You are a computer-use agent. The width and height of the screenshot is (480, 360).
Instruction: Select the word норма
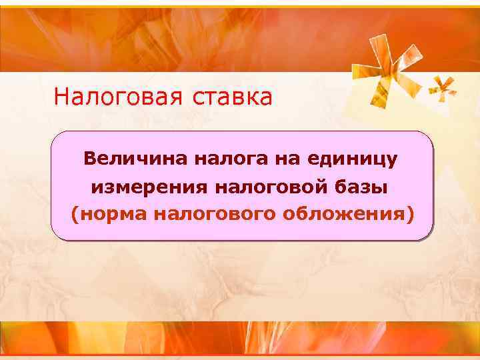pyautogui.click(x=114, y=215)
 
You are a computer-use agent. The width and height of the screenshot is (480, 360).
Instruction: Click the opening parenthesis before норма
pyautogui.click(x=75, y=215)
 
